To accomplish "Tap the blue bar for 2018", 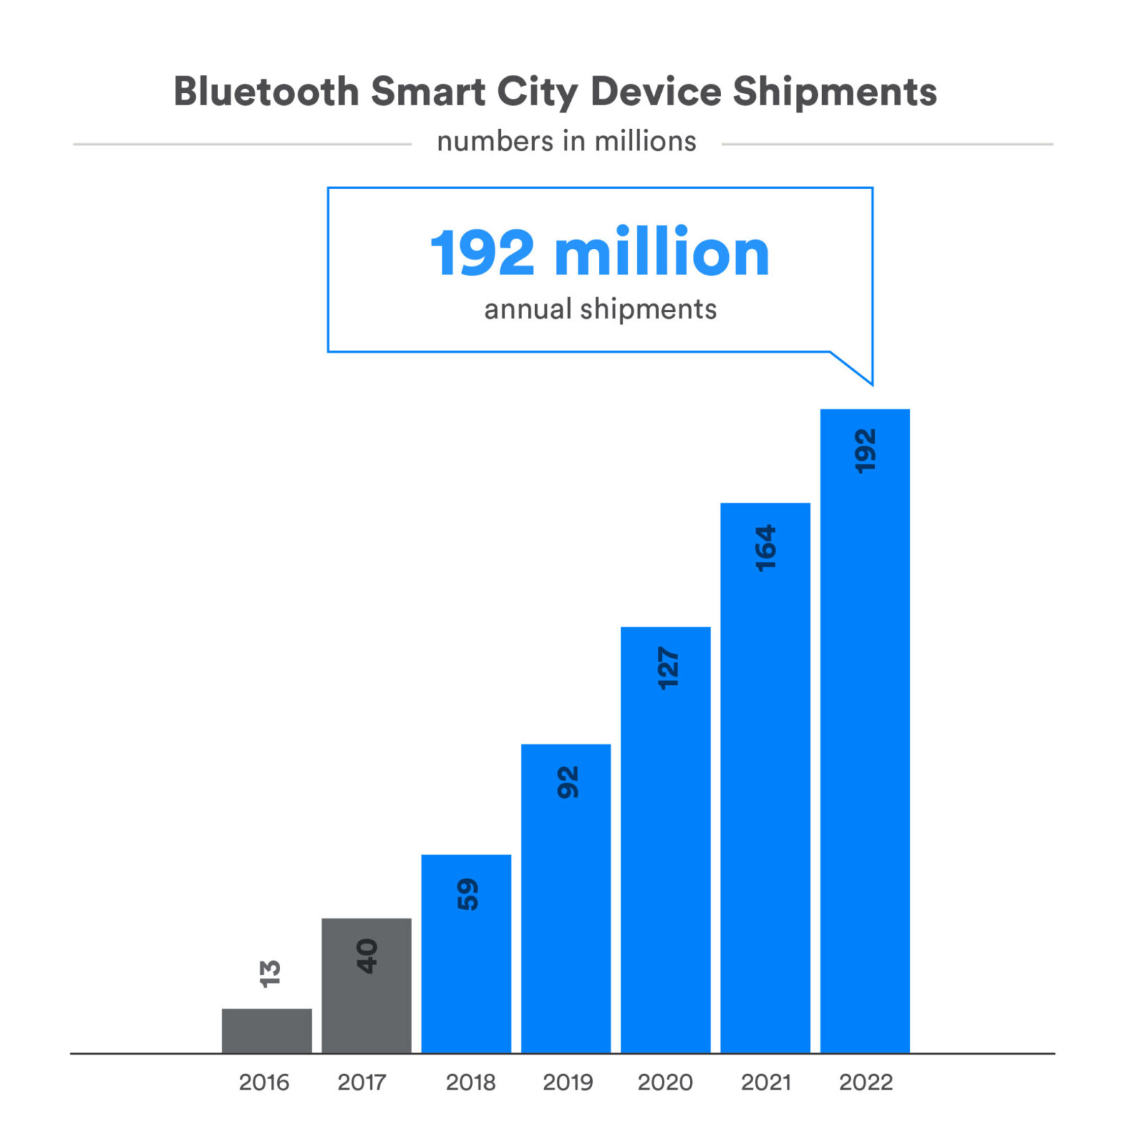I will tap(466, 974).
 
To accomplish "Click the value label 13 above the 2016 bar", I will tap(270, 973).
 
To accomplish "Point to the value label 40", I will tap(367, 956).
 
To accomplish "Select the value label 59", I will tap(467, 894).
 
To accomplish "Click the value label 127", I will tap(667, 668).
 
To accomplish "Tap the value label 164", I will tap(766, 548).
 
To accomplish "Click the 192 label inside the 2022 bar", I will tap(865, 451).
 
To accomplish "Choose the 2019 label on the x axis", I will tap(567, 1082).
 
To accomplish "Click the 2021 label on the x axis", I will tap(766, 1082).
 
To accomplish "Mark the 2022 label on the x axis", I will tap(866, 1082).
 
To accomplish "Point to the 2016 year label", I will tap(264, 1082).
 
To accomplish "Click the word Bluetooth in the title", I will tap(267, 92).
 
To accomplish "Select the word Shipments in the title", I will tap(835, 93).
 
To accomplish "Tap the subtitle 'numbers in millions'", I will tap(567, 141).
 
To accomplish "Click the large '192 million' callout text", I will tap(600, 253).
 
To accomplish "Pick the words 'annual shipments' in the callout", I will tap(600, 309).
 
